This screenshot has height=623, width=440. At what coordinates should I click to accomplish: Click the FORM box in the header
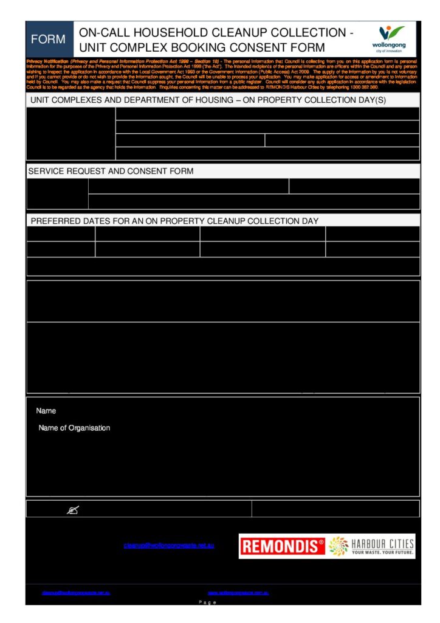48,40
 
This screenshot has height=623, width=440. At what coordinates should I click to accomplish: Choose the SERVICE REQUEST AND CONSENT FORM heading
111,171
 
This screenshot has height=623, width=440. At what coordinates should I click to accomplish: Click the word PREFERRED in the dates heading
55,221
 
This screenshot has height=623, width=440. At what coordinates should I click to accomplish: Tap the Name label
46,411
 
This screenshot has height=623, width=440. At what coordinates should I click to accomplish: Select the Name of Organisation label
74,428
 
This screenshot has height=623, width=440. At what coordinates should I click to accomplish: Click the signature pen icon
72,510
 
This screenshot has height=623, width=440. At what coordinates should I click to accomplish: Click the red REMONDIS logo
281,546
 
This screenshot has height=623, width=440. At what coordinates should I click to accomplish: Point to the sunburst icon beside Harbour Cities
338,546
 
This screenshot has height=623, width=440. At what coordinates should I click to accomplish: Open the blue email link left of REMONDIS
168,546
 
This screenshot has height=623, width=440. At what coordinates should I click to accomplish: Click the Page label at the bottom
208,602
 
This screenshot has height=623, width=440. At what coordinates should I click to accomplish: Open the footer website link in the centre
238,593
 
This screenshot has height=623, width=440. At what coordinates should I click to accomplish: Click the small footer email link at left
75,593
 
